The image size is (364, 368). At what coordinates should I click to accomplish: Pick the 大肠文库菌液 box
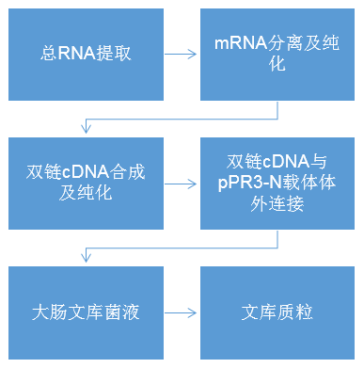pos(84,312)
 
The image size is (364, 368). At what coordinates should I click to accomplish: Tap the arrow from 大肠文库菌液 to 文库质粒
pos(180,312)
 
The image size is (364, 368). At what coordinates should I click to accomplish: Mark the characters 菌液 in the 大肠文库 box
pos(120,312)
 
